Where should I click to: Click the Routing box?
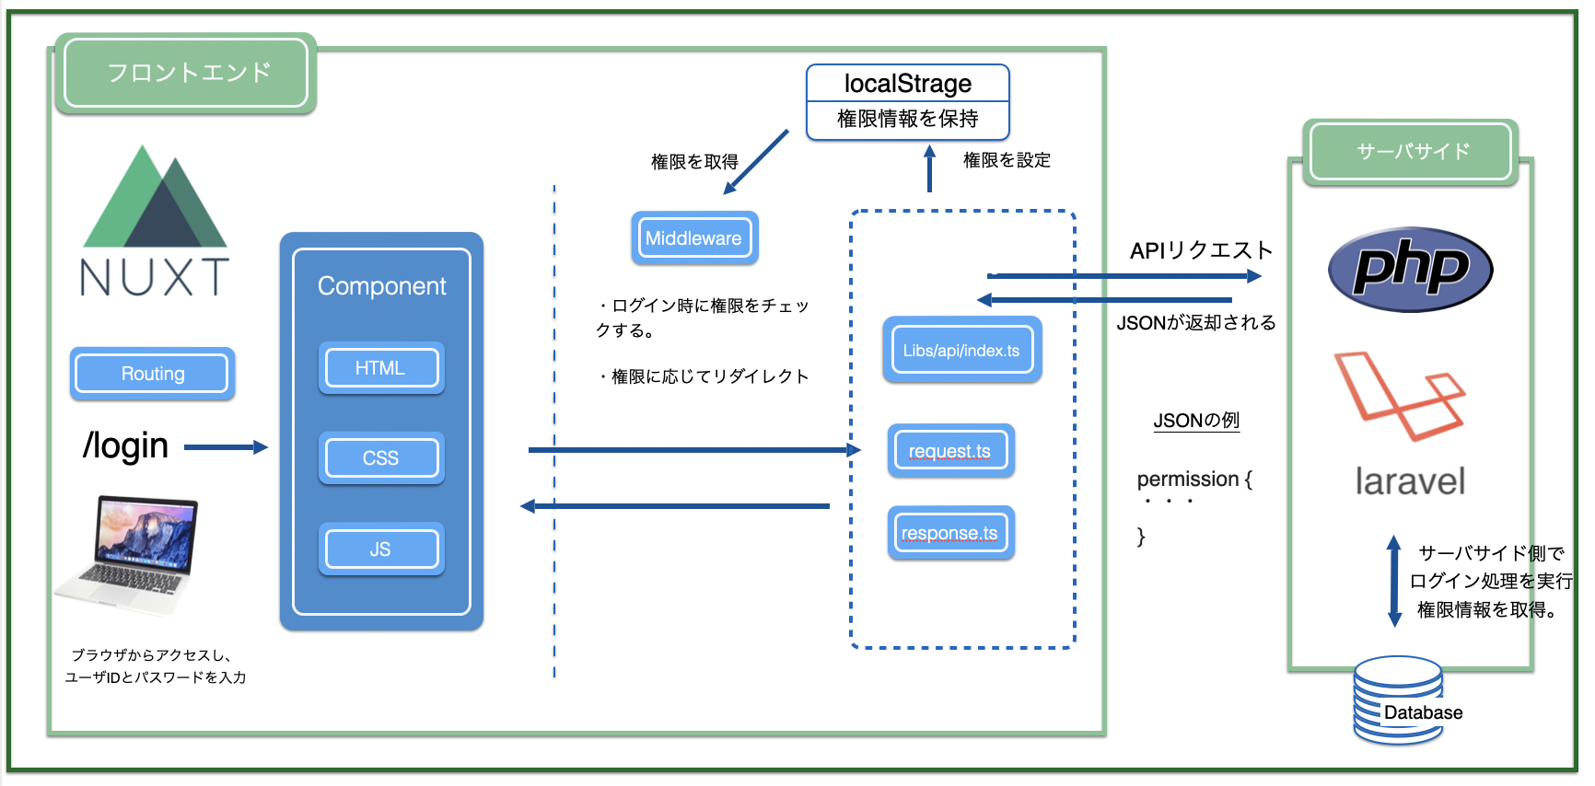152,374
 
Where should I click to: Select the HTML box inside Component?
380,368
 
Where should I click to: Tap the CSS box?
380,458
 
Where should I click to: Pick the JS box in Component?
380,549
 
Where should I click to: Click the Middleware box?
693,238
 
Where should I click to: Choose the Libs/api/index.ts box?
961,351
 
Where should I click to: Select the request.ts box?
950,451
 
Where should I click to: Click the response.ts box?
949,533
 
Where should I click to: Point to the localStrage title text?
907,84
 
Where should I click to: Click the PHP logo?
1409,270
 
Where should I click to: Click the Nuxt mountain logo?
155,199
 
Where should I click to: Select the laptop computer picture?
129,554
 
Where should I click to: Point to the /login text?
125,446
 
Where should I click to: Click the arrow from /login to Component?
225,447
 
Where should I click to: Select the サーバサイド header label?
1412,152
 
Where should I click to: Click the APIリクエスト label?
1201,250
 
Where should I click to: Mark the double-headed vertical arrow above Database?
1393,582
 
